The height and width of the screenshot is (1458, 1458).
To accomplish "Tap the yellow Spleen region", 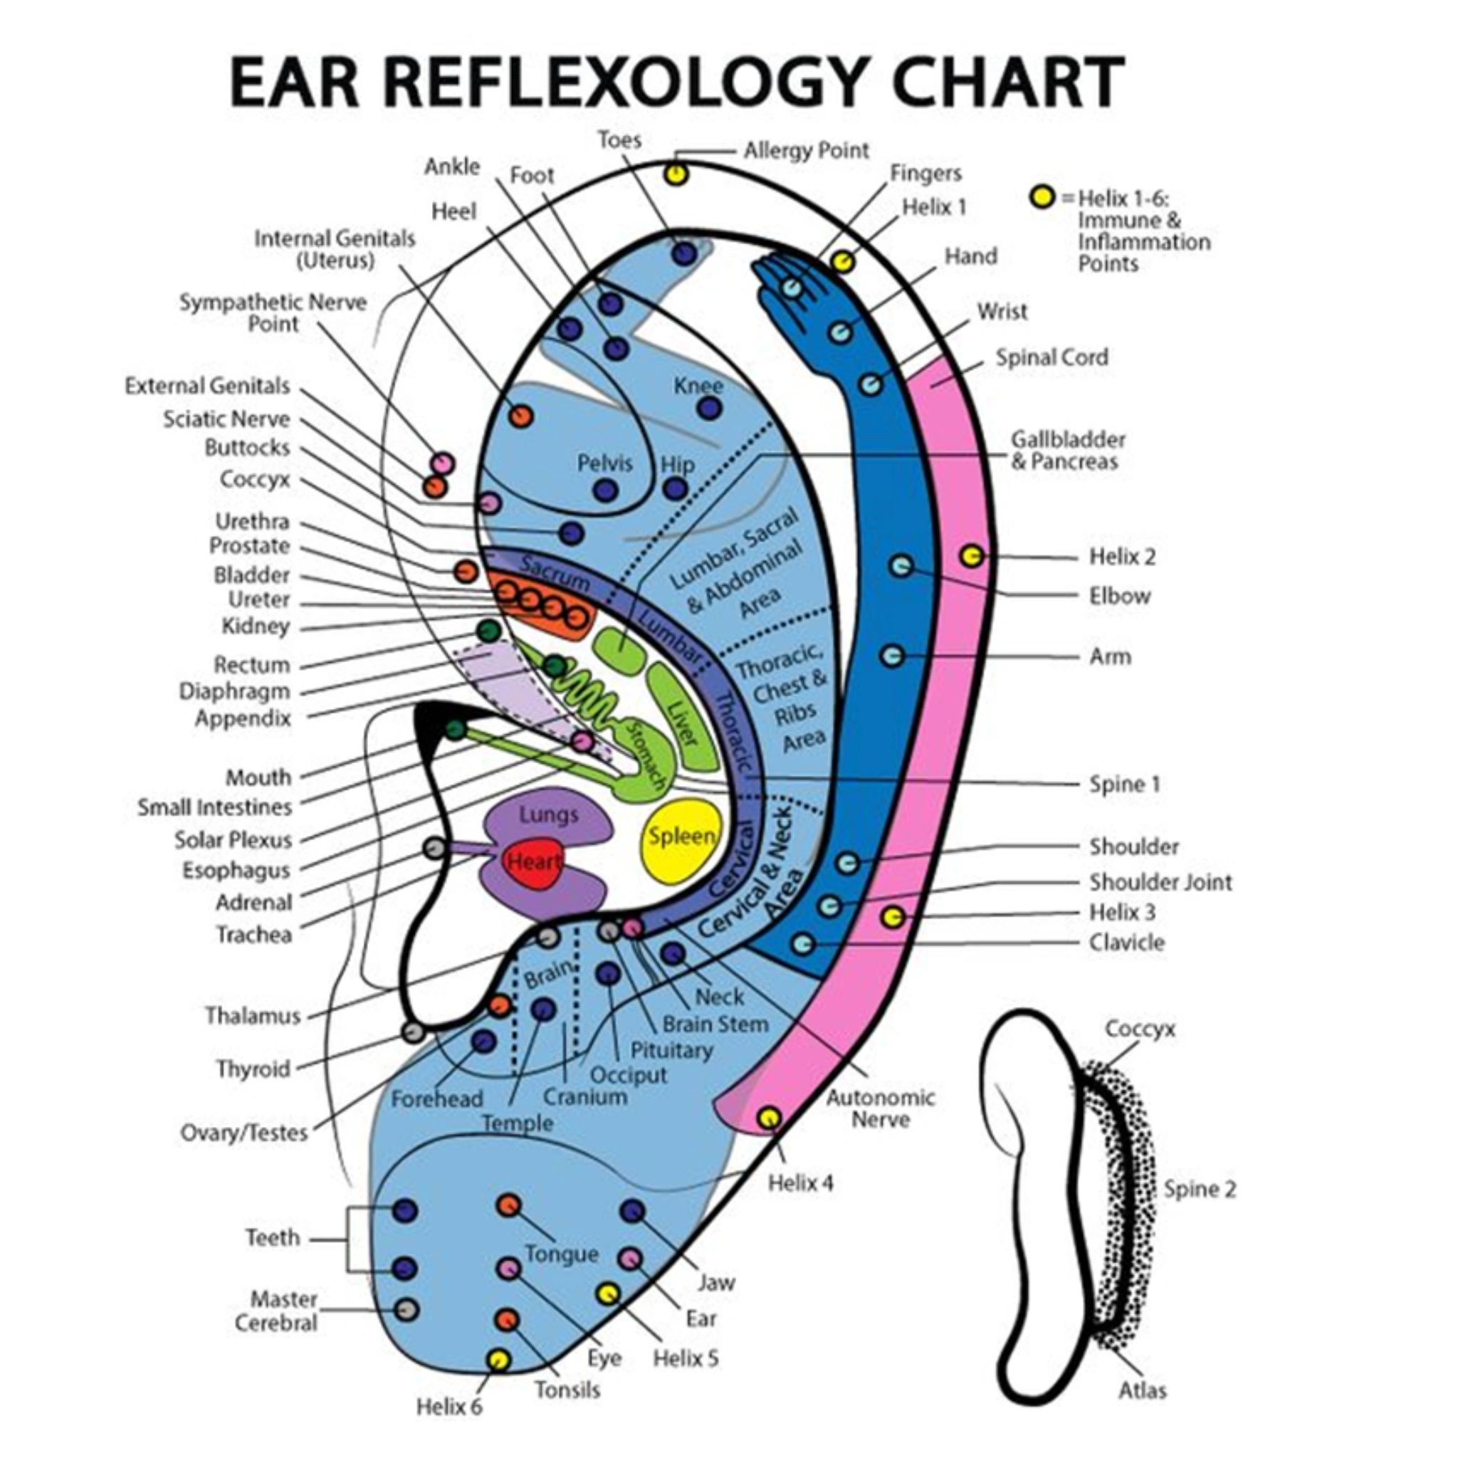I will (x=681, y=838).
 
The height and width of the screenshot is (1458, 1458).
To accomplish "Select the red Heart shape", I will (x=533, y=861).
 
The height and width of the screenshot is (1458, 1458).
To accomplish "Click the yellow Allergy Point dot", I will (x=676, y=174).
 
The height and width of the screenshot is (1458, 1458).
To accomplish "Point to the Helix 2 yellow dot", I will (x=972, y=556).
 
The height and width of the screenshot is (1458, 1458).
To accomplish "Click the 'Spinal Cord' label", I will (x=1051, y=357).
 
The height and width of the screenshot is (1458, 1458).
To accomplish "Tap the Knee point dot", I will (x=708, y=408).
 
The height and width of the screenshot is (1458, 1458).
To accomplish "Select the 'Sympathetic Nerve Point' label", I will (x=273, y=313).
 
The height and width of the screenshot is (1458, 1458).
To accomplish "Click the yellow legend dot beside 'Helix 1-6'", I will (x=1042, y=198).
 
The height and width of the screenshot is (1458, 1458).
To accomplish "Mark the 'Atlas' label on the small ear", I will (x=1142, y=1390).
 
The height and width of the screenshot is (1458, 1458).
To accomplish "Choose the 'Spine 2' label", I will (x=1199, y=1189).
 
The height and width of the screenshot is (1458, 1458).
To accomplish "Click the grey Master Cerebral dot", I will (x=405, y=1309).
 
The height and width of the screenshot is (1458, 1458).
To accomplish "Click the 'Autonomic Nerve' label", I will (x=880, y=1108).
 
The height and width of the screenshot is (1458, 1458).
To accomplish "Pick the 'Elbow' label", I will (x=1119, y=596).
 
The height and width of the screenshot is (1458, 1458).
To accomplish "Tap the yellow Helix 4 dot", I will (x=768, y=1118).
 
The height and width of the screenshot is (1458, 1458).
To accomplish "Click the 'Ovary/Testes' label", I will (x=244, y=1133).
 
